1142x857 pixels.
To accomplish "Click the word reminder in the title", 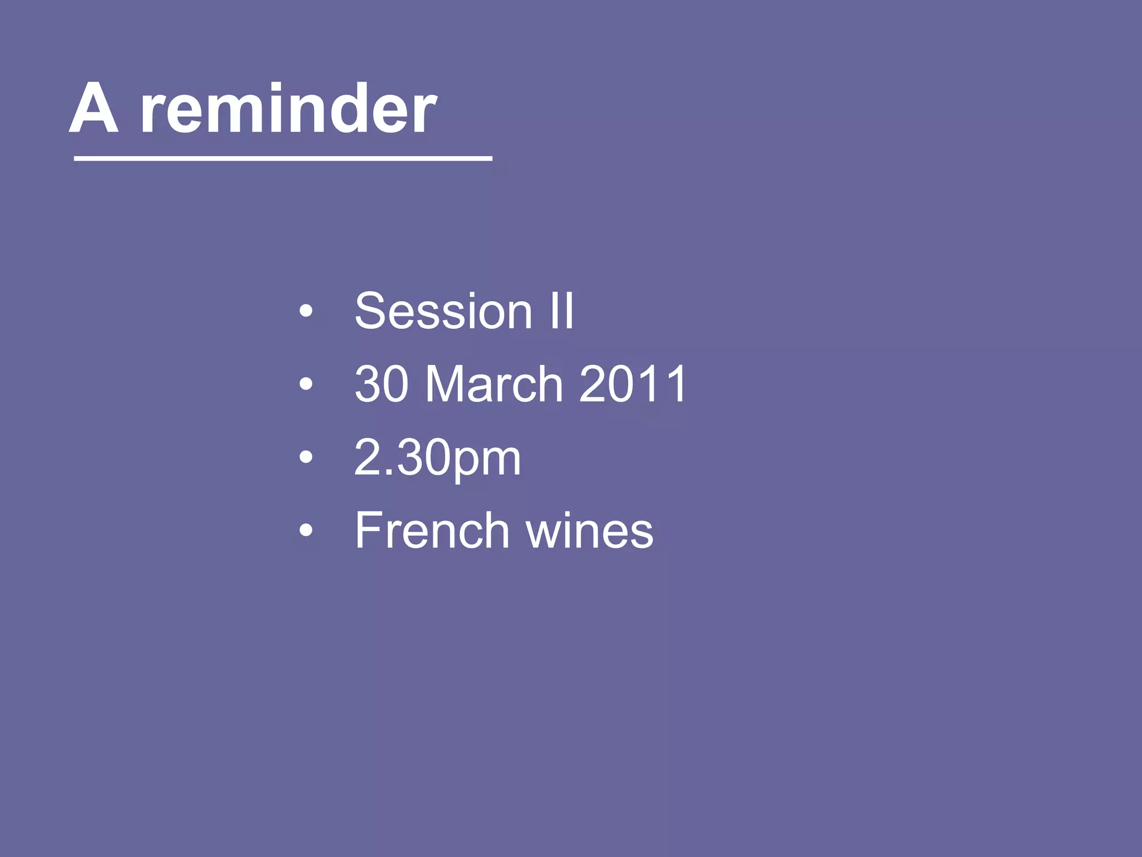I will (288, 109).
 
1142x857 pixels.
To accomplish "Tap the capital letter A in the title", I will (94, 109).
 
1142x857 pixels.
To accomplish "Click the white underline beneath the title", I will (283, 159).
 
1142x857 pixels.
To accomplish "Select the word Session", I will (443, 311).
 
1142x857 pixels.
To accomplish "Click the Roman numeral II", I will (562, 311).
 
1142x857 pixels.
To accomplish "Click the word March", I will (494, 384).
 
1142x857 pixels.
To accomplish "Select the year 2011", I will (633, 384).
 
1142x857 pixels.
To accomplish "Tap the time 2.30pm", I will (438, 458).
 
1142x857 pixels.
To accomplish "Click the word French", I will (432, 531).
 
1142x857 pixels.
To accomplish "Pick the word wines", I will (589, 531).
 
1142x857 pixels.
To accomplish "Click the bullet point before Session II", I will (306, 311).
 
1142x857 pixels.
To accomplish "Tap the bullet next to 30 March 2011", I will (306, 384).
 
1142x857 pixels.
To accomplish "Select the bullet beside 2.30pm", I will (306, 458).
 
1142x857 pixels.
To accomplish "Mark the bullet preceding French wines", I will (306, 531).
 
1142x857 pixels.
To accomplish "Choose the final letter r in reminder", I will (425, 114).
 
